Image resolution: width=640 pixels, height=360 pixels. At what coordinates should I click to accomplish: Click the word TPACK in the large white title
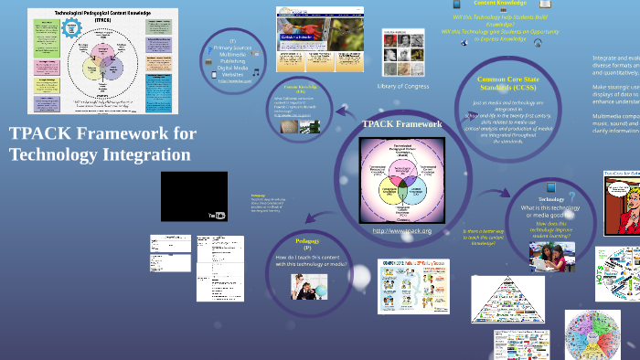click(43, 134)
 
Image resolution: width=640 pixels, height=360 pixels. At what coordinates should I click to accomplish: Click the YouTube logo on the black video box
click(217, 216)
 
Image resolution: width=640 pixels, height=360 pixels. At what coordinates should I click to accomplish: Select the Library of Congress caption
click(403, 86)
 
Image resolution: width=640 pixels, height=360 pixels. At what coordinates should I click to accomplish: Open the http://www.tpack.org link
click(401, 231)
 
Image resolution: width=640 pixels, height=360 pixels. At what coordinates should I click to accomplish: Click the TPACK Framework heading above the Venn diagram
click(401, 123)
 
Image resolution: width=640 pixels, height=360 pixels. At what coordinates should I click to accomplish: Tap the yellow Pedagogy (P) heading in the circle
click(307, 243)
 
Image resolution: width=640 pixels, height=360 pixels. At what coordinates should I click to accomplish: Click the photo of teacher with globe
click(309, 287)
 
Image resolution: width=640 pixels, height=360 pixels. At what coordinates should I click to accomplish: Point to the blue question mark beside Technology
click(572, 196)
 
